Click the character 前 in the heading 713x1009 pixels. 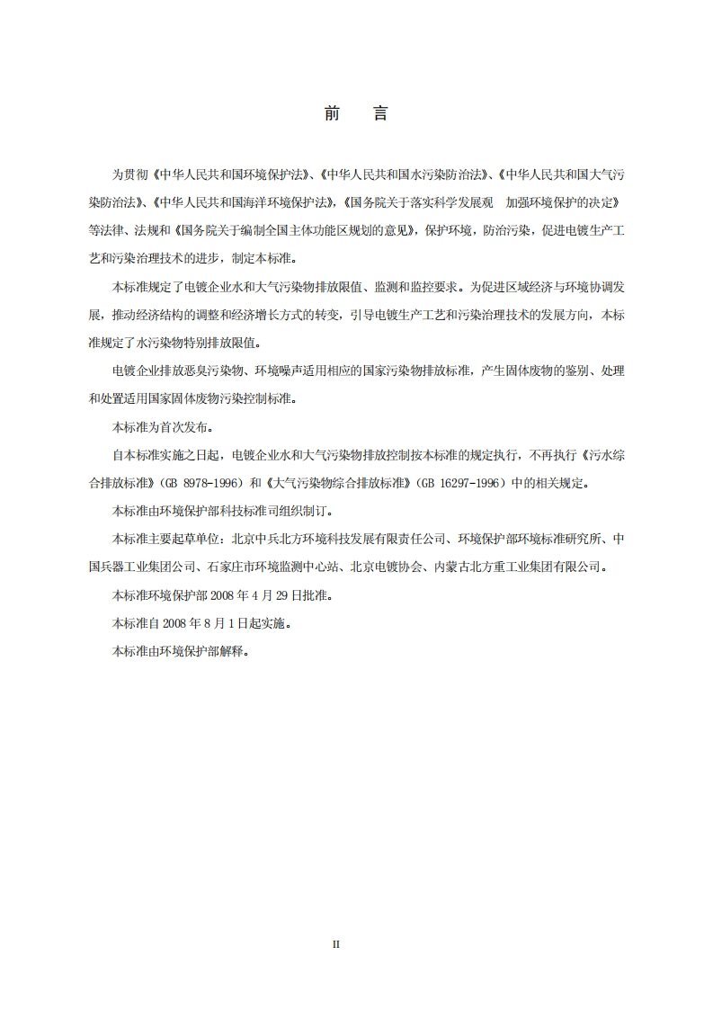332,114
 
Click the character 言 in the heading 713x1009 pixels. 380,114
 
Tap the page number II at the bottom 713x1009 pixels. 336,944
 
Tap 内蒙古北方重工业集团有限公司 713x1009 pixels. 519,567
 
